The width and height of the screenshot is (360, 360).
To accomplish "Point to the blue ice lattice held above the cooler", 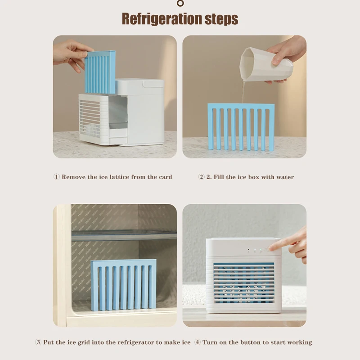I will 100,72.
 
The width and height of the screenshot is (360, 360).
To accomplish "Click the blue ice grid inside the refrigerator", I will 123,284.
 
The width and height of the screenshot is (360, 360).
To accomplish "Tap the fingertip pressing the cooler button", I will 271,248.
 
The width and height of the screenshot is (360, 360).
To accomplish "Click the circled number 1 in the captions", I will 56,177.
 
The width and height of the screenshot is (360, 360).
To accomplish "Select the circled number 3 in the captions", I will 38,342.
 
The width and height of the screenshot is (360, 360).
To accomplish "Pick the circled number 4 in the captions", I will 197,342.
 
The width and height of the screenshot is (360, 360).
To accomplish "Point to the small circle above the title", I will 180,4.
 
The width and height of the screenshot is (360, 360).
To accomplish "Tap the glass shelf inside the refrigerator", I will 124,235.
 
